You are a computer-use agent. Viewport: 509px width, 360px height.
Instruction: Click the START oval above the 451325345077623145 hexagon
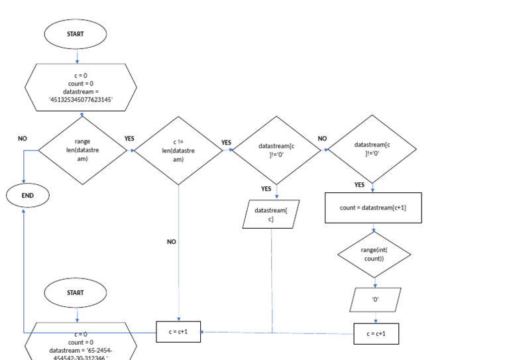[76, 34]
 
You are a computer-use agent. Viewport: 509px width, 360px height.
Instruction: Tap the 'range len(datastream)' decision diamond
[82, 150]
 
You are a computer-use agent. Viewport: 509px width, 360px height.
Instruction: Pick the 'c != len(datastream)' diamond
[179, 150]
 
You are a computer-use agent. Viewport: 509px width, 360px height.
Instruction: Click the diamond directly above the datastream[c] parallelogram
[278, 150]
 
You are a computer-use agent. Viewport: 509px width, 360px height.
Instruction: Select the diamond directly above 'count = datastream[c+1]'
[372, 150]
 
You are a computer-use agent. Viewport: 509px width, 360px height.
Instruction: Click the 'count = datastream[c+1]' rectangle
[372, 208]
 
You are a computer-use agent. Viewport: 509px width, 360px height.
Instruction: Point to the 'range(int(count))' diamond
[374, 253]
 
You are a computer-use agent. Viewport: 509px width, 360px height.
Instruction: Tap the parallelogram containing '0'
[375, 299]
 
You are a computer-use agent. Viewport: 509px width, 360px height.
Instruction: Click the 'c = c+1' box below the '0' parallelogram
[376, 333]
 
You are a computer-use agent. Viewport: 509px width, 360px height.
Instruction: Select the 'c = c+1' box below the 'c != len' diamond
[179, 331]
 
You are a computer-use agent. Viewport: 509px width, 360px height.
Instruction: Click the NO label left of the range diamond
[23, 139]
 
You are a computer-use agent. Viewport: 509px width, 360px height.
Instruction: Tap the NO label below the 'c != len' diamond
[172, 242]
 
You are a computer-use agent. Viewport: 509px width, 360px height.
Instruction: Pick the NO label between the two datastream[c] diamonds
[323, 139]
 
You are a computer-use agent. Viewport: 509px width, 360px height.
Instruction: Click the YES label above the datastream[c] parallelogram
[266, 189]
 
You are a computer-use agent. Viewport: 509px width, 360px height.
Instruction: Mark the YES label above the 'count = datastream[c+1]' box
[359, 185]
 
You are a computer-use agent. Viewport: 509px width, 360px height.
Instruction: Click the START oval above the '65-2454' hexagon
[76, 292]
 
